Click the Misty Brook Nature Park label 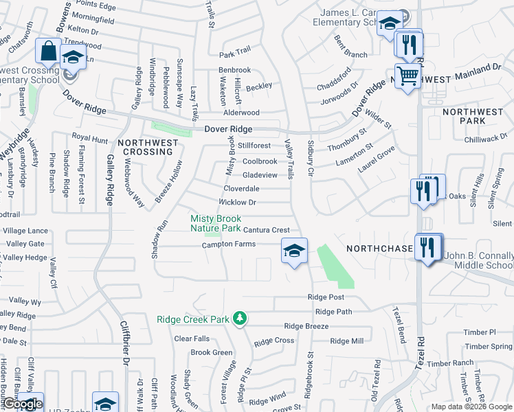[x=216, y=223]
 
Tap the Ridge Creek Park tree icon [x=240, y=318]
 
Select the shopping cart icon [x=407, y=75]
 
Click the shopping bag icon [x=48, y=51]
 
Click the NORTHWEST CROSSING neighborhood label [x=148, y=148]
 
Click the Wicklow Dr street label [x=237, y=203]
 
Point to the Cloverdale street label [x=241, y=188]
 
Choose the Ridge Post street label [x=326, y=297]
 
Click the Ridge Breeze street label [x=306, y=326]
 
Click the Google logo [x=22, y=404]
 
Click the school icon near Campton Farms [x=294, y=250]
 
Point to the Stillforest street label [x=255, y=146]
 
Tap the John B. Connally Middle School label [x=478, y=260]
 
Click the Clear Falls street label [x=192, y=339]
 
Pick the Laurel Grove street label [x=377, y=159]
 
